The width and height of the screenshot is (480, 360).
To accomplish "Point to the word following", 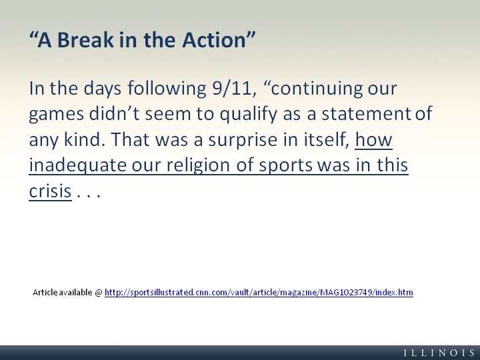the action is [x=167, y=89].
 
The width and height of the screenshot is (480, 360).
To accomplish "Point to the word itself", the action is [x=327, y=139].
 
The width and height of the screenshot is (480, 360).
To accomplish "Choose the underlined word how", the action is [x=374, y=140].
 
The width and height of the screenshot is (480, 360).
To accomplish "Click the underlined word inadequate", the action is [x=78, y=166].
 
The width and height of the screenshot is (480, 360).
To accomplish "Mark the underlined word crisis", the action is [x=50, y=191].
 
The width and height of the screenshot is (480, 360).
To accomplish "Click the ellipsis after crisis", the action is [x=89, y=195].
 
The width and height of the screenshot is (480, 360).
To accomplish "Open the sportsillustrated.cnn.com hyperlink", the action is [x=259, y=293].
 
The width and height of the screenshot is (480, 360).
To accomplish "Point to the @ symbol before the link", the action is [x=99, y=293].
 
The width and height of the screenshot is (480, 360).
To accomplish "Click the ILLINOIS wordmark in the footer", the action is [x=439, y=353].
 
